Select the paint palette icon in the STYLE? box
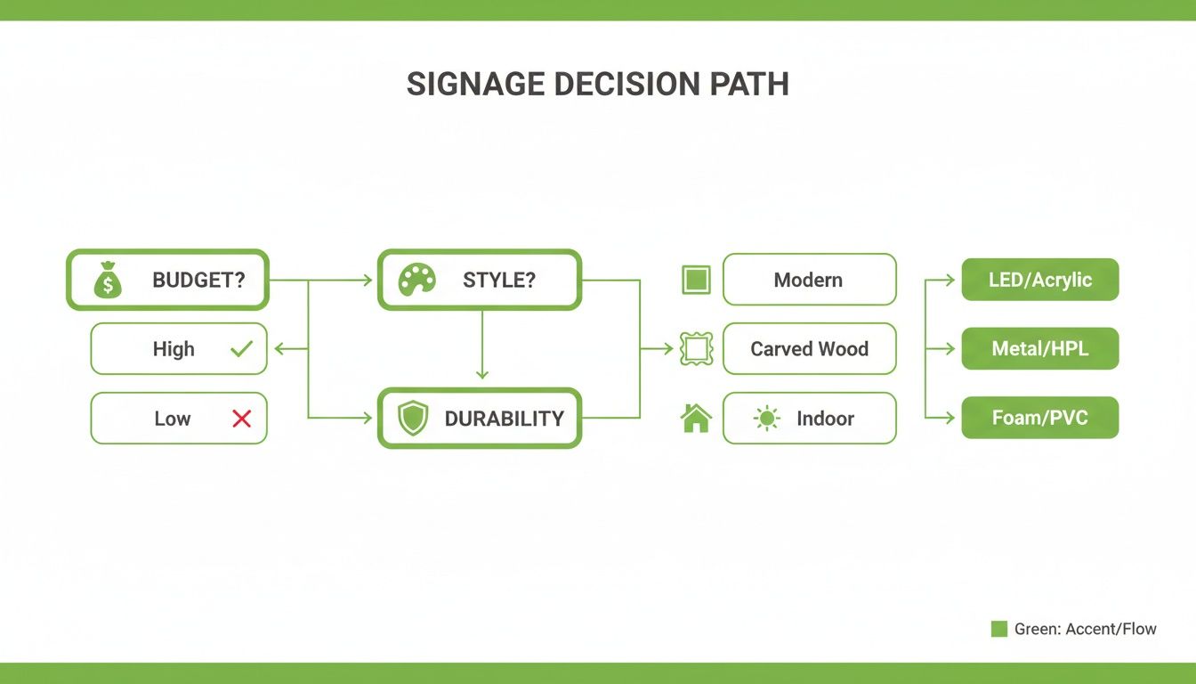click(x=416, y=280)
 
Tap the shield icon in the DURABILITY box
click(x=412, y=418)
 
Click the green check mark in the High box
click(x=241, y=349)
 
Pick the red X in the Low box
click(x=241, y=419)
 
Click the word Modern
click(x=808, y=280)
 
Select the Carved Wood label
click(x=809, y=349)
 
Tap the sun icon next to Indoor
click(x=766, y=419)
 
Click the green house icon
click(x=696, y=418)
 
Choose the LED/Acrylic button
click(x=1039, y=280)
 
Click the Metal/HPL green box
click(x=1039, y=349)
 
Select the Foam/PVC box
click(x=1039, y=418)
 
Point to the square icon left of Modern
click(x=696, y=280)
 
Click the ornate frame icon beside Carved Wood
click(x=696, y=349)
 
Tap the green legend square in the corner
click(x=998, y=629)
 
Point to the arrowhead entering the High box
click(x=278, y=349)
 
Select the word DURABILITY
click(x=504, y=419)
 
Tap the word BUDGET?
click(x=198, y=281)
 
